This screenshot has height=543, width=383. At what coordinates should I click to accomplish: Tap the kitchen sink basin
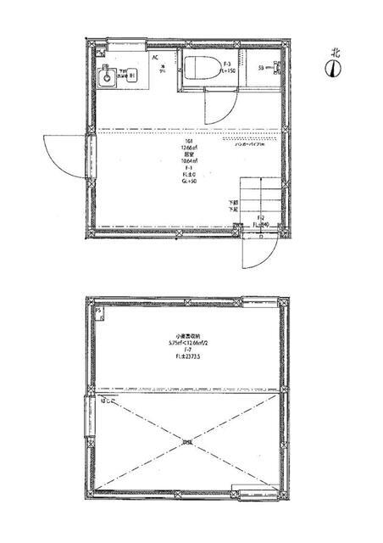[107, 78]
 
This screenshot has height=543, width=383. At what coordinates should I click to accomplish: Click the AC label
[156, 58]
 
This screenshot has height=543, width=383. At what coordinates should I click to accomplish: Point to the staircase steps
[255, 199]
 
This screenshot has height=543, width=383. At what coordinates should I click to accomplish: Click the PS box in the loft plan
[99, 311]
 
